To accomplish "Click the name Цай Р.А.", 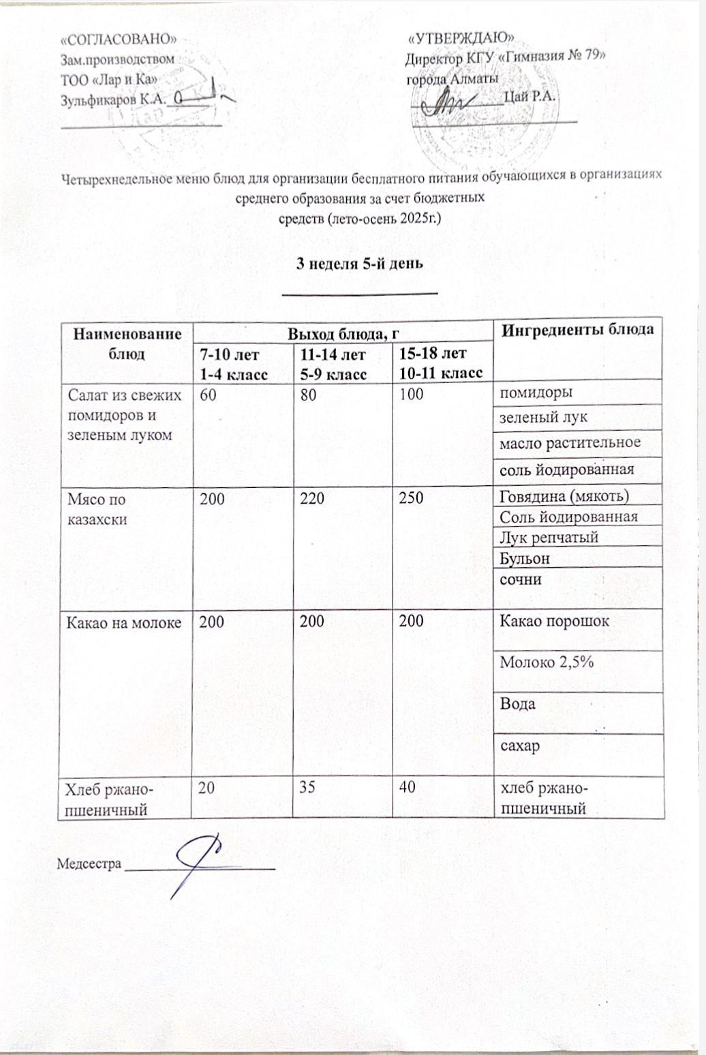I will tap(529, 96).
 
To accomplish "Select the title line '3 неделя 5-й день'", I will tap(360, 264).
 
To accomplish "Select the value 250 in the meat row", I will tap(412, 498).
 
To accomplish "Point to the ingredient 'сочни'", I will tap(521, 579).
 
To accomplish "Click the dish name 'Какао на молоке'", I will tap(123, 621).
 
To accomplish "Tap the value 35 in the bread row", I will tap(305, 789).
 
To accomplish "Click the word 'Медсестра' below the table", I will tap(89, 864).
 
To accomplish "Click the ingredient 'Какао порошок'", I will tap(554, 621).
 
